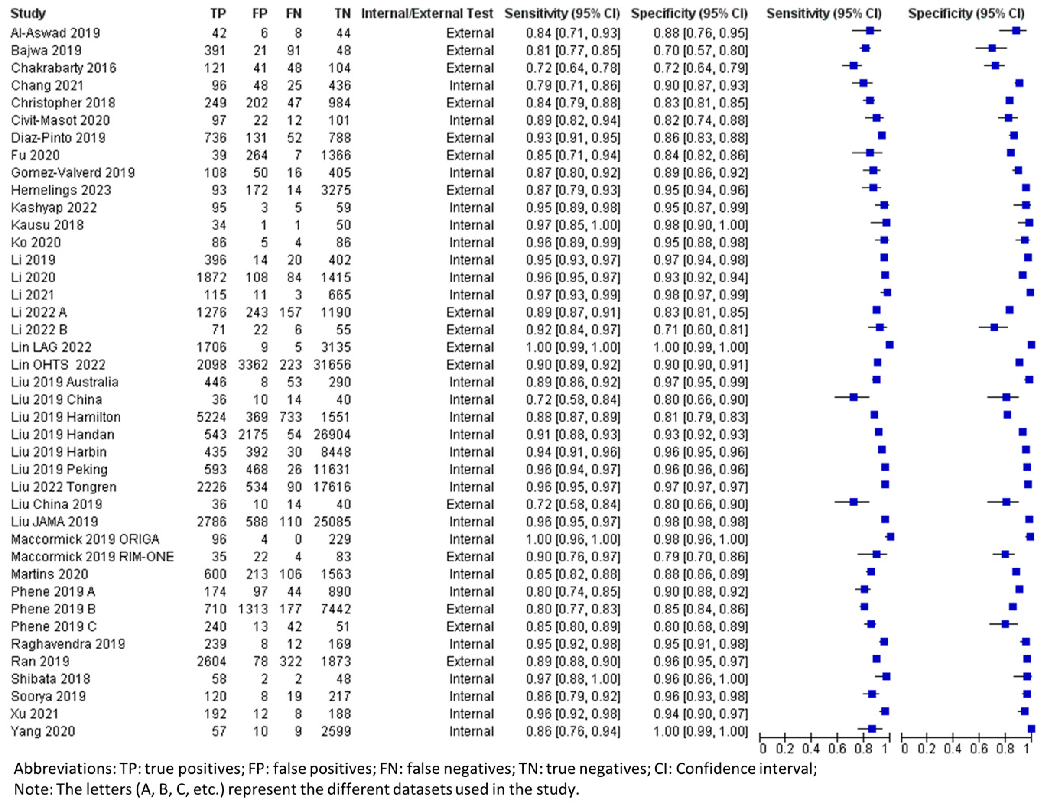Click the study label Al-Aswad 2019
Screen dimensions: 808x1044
click(55, 33)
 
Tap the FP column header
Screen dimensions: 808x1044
click(260, 13)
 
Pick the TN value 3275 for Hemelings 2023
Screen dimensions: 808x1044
click(336, 190)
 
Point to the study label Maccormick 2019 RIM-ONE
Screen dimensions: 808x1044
click(92, 557)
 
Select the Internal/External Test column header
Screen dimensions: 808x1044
click(426, 13)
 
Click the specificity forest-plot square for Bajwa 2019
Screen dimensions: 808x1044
click(992, 48)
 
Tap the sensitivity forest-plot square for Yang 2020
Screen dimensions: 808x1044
click(872, 728)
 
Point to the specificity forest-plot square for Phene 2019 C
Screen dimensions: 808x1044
click(1005, 624)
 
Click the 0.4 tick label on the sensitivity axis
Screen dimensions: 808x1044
click(811, 748)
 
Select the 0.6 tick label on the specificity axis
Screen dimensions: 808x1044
click(979, 748)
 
